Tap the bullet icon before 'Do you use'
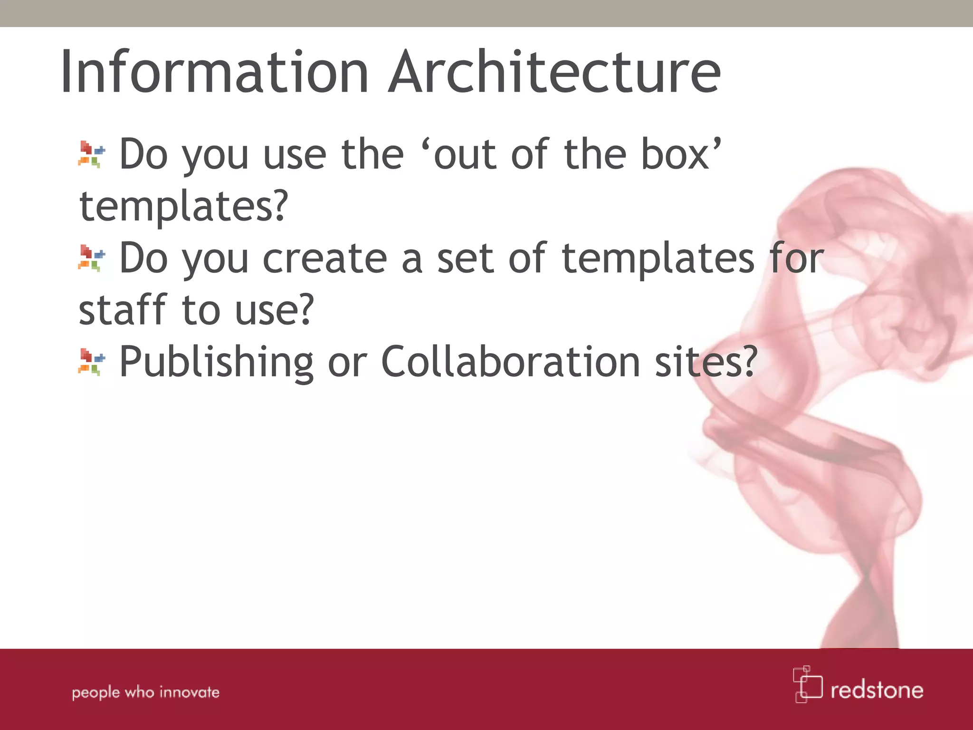tap(92, 154)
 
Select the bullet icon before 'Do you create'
tap(92, 258)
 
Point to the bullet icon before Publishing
tap(92, 362)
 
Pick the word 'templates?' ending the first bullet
tap(184, 207)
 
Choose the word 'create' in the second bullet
tap(325, 259)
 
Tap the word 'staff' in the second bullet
tap(123, 310)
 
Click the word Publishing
tap(216, 363)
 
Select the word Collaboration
tap(511, 362)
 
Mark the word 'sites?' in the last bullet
tap(706, 362)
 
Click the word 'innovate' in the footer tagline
tap(190, 692)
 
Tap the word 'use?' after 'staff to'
tap(275, 311)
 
